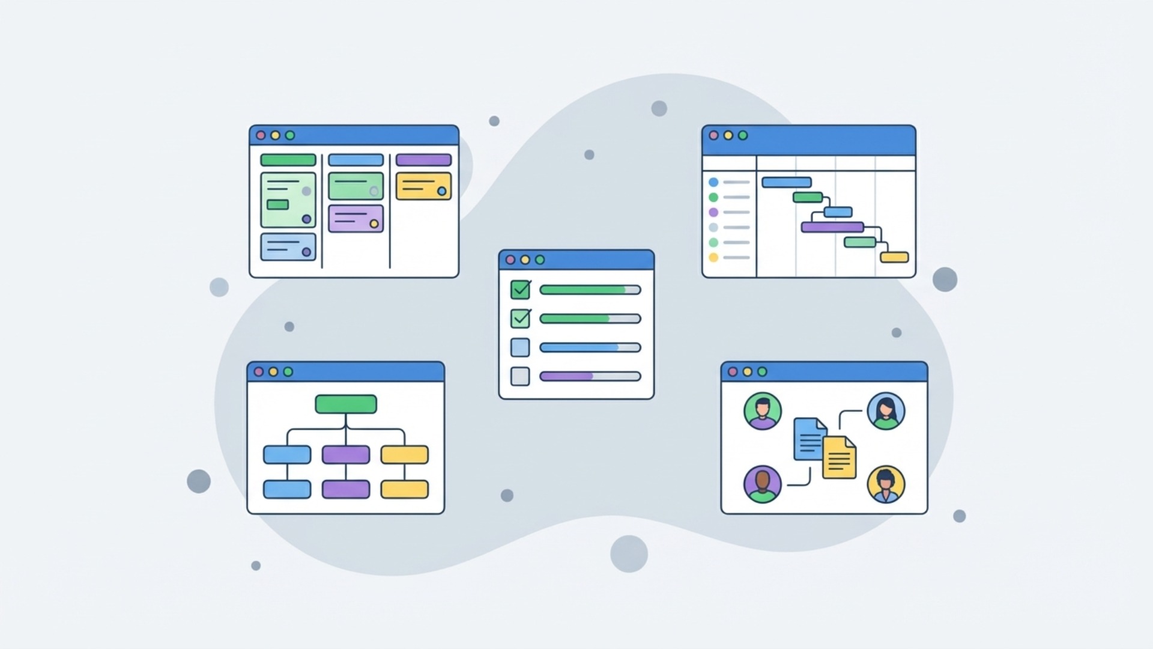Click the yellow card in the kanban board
(423, 186)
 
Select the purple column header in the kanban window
(423, 160)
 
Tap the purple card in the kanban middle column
(356, 218)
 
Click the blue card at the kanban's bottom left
(288, 247)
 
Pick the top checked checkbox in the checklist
(520, 290)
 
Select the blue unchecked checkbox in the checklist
(520, 347)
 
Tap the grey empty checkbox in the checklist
(520, 376)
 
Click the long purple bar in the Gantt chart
(832, 227)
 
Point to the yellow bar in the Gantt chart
(894, 257)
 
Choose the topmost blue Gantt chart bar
(787, 182)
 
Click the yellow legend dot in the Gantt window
(713, 257)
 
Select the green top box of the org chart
(346, 404)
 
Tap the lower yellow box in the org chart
(405, 489)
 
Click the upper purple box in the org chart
(346, 454)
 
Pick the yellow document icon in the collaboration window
(839, 458)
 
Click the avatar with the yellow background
(886, 484)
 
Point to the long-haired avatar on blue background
(886, 411)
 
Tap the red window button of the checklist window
(510, 260)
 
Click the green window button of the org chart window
(288, 372)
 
